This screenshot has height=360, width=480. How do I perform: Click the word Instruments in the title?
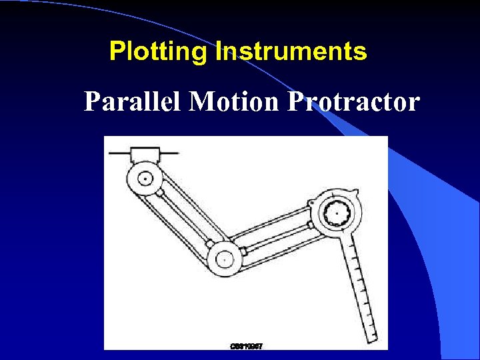coord(291,51)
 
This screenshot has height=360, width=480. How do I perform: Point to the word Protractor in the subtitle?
coord(353,102)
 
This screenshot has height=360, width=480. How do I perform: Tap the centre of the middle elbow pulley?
coord(225,256)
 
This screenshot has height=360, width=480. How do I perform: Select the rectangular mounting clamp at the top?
coord(145,155)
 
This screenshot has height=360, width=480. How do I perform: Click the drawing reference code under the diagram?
coord(246,346)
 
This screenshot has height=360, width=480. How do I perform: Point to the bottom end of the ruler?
coord(373,337)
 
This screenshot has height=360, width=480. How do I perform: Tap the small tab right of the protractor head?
coord(359,194)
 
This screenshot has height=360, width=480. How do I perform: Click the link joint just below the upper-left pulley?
coord(160,193)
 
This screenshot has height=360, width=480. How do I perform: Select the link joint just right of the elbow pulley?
coord(243,251)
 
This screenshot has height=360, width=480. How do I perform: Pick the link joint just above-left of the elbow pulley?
coord(209,243)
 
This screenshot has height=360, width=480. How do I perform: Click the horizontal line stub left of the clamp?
coord(119,153)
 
